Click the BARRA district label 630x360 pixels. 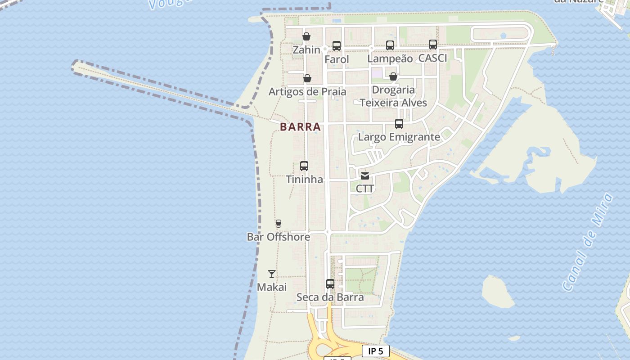point(301,127)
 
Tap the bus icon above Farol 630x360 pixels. point(337,45)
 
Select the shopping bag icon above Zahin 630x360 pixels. point(306,36)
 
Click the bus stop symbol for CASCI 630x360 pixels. point(433,44)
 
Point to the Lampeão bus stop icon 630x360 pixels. point(390,45)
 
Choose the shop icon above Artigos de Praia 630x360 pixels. point(307,79)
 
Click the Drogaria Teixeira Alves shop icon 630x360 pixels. point(393,76)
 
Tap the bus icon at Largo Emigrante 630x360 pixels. point(399,124)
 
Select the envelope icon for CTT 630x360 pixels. point(365,175)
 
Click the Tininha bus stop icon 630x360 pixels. point(304,166)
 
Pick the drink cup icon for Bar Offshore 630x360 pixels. point(279,224)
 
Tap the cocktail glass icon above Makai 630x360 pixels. point(272,274)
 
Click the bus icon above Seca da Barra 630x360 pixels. point(330,284)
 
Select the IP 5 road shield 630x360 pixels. point(376,351)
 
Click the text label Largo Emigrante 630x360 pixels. point(399,137)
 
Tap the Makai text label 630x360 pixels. point(272,287)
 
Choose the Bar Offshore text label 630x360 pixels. point(279,237)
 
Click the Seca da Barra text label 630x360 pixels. point(330,297)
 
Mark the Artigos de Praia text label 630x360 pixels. point(307,92)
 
